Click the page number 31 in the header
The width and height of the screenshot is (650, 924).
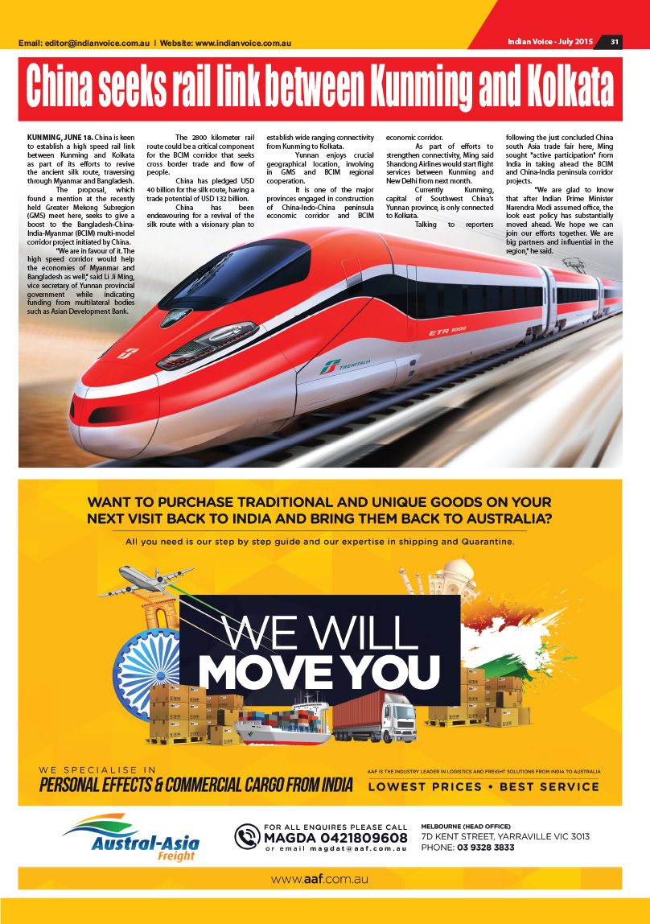click(x=614, y=42)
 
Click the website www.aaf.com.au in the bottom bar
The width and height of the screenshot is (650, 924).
click(x=319, y=880)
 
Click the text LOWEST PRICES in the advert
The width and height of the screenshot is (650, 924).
click(x=425, y=786)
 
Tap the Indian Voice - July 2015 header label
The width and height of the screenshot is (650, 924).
click(x=550, y=41)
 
